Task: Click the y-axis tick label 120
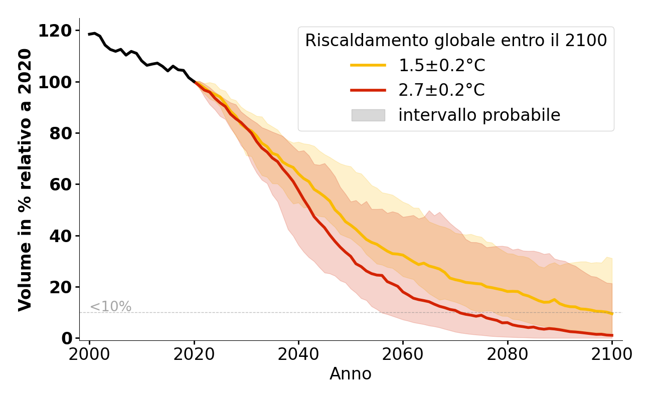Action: click(55, 31)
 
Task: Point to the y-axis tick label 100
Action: click(55, 82)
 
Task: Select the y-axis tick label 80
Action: click(61, 133)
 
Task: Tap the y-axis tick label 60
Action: click(61, 184)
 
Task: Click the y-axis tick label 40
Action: click(61, 236)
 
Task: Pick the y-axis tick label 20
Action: click(61, 287)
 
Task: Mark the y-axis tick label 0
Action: click(67, 338)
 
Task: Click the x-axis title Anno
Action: click(351, 374)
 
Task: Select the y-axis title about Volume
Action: click(25, 179)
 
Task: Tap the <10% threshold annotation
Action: click(110, 307)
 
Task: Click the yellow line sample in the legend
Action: click(368, 65)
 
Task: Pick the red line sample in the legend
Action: click(368, 90)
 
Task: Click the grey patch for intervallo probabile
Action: click(368, 115)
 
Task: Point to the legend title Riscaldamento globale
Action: click(456, 41)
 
